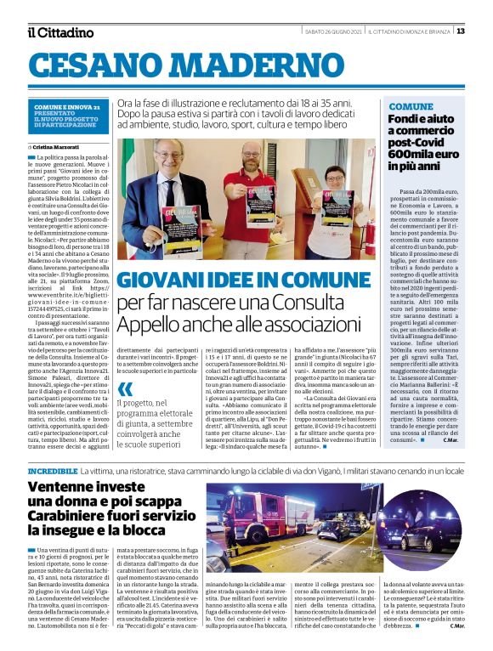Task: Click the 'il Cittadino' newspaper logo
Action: (60, 32)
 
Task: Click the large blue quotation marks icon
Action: (127, 393)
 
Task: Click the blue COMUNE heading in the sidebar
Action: (411, 106)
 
